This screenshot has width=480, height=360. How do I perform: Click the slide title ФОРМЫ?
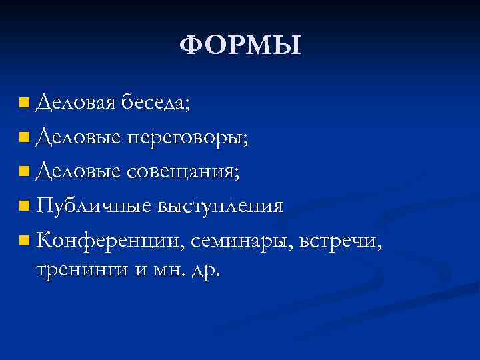[241, 47]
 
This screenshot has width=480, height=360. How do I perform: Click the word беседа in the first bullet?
[153, 103]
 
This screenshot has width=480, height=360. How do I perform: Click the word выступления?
[221, 205]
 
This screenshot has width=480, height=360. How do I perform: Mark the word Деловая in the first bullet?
[76, 103]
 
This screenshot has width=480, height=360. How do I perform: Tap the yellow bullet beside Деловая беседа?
[25, 103]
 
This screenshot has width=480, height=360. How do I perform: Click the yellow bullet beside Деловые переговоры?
[25, 138]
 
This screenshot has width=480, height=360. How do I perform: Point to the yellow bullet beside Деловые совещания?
[25, 172]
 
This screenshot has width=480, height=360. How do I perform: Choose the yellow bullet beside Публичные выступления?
[25, 206]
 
